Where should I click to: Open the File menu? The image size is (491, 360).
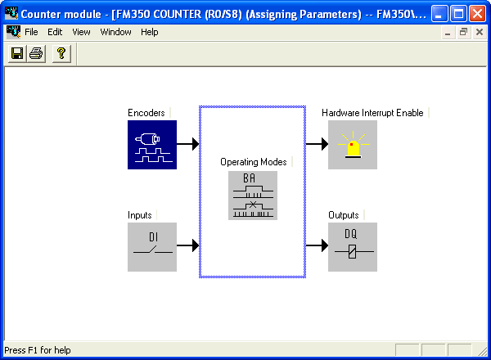tap(31, 32)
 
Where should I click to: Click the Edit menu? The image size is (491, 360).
tap(55, 32)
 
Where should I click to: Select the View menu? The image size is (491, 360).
tap(81, 32)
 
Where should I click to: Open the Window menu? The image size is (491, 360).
tap(115, 32)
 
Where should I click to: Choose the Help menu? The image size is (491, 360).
tap(150, 32)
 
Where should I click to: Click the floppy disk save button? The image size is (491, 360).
tap(17, 53)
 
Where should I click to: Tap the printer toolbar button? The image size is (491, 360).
tap(36, 53)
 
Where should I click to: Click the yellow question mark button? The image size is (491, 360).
tap(61, 53)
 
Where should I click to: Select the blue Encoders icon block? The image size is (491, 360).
tap(152, 145)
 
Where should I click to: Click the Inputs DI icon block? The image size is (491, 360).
tap(152, 247)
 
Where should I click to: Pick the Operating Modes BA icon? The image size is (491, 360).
tap(253, 196)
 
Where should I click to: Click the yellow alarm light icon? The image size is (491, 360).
tap(353, 145)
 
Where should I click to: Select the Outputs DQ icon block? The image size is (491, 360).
tap(353, 247)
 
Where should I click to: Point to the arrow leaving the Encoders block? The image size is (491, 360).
tap(188, 144)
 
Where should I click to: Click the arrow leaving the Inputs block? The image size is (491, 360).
tap(188, 245)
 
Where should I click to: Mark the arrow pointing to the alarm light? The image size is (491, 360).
tap(317, 144)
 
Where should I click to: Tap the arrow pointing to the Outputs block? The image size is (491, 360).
tap(317, 245)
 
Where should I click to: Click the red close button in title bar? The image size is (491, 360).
tap(478, 14)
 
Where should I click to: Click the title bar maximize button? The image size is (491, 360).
tap(458, 14)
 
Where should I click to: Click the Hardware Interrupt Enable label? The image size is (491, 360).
tap(372, 113)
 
